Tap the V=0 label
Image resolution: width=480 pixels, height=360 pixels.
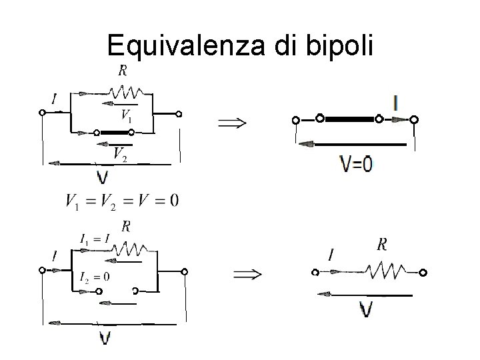(357, 164)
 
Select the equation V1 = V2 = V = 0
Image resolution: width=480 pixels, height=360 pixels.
(122, 200)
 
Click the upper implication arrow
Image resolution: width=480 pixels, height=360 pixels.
(232, 123)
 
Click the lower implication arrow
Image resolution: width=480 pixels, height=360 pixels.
(247, 274)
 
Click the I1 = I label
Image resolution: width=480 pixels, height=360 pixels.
(95, 239)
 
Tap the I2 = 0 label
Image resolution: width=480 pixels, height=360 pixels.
(94, 277)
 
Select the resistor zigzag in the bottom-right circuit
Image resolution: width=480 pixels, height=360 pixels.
(385, 270)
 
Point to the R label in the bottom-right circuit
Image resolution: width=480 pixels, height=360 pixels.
(382, 245)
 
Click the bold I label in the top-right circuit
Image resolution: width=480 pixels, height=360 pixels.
(397, 103)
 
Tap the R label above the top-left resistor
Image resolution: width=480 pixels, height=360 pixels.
(123, 70)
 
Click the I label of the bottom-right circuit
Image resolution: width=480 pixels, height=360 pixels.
(331, 254)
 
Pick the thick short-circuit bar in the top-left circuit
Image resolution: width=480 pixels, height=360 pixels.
(113, 132)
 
